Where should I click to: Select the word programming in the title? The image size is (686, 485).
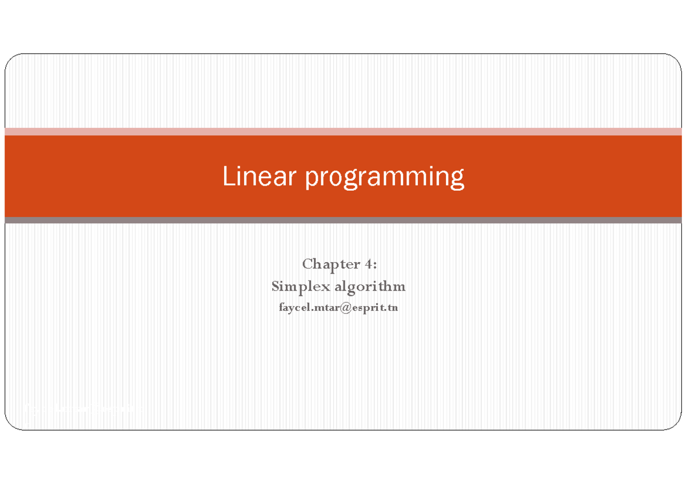384,178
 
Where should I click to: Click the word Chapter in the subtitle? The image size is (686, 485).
328,264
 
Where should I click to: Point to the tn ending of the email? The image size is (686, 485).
392,308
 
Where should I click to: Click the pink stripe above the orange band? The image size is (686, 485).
343,131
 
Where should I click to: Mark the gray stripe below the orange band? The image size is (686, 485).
343,220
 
